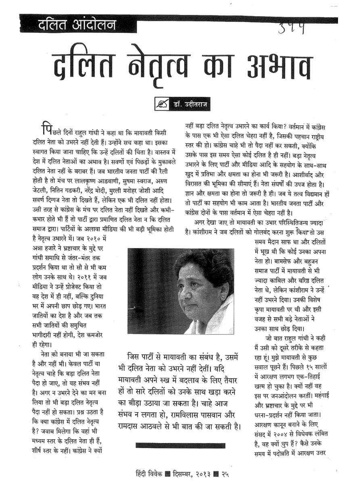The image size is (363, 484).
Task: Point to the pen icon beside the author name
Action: coord(163,104)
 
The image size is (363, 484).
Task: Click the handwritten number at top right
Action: coord(294,27)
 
